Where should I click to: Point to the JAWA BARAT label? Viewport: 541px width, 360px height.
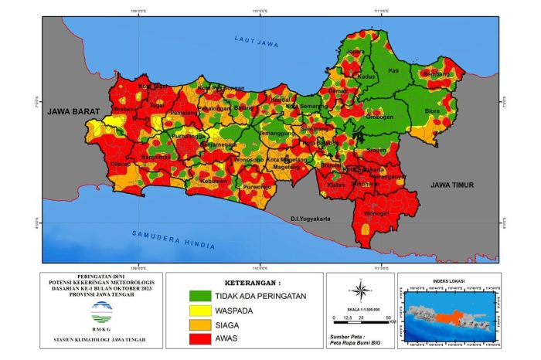coord(69,112)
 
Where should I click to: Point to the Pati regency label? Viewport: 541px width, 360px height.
coord(393,71)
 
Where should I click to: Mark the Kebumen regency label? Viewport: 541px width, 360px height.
coord(213,181)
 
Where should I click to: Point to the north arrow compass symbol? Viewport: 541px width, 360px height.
coord(360,290)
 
